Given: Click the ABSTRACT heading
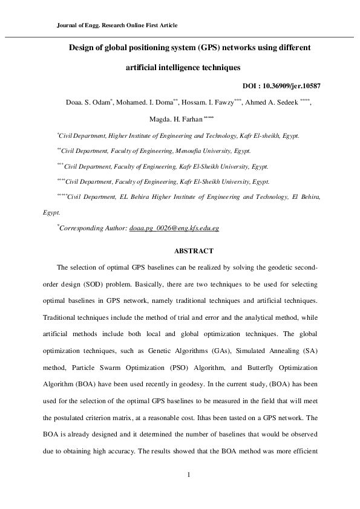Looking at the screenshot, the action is (x=190, y=250).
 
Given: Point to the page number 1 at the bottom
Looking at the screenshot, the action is (x=189, y=474).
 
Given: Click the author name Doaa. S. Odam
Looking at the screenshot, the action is (x=85, y=103).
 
